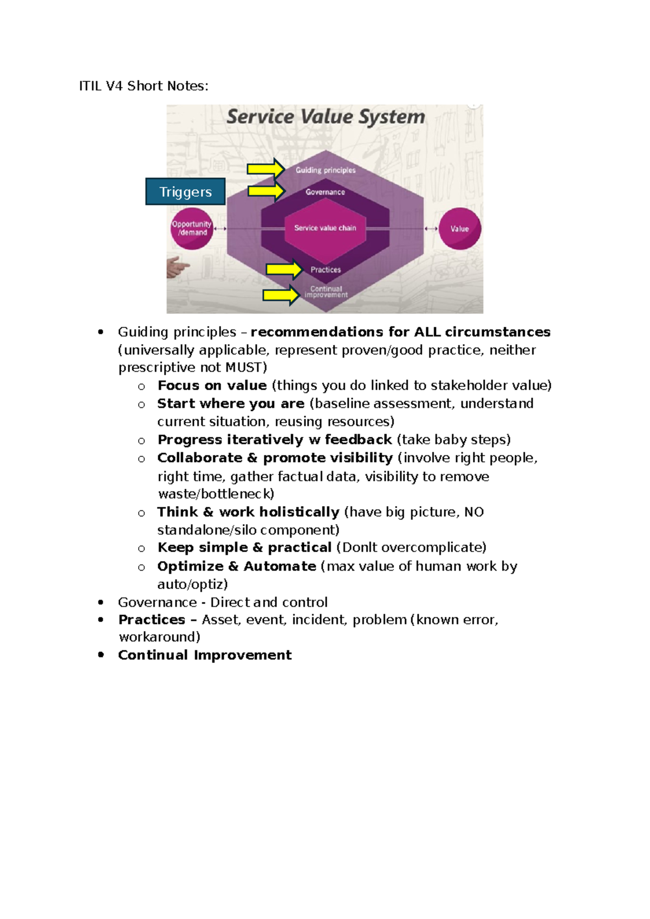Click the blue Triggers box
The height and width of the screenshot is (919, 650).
point(185,192)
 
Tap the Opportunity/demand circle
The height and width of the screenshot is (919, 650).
point(192,228)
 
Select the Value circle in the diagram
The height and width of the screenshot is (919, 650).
point(459,229)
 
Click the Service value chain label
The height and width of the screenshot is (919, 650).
point(325,228)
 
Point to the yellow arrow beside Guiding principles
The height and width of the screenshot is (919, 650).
point(265,169)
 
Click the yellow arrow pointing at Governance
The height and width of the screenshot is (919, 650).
point(265,191)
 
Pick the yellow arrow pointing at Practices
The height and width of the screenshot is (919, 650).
point(283,269)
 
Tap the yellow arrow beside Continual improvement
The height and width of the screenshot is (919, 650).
point(281,295)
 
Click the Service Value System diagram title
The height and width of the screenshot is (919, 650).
point(326,117)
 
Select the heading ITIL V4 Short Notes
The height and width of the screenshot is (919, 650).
point(144,86)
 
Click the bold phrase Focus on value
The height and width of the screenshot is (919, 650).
point(212,385)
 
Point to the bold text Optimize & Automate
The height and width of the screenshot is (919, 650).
point(237,566)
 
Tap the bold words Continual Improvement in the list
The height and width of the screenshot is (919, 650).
point(205,655)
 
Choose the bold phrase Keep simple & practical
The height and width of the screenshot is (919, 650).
point(244,547)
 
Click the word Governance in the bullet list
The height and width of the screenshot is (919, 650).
point(157,603)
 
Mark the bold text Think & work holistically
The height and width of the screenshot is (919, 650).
point(248,512)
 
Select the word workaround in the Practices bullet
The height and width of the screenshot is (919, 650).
point(157,637)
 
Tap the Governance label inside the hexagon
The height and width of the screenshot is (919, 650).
point(325,192)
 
